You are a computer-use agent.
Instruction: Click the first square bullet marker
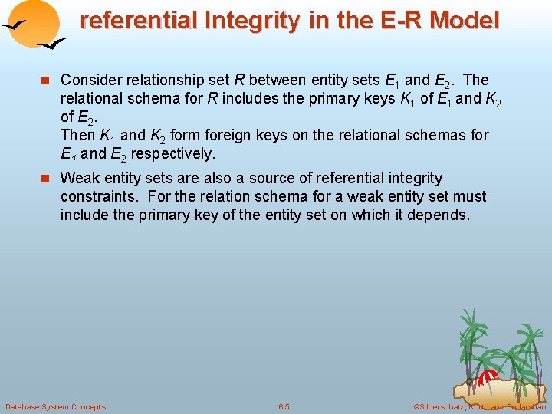click(x=47, y=80)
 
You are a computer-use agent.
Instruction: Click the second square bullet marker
click(x=47, y=179)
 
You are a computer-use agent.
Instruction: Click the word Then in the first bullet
click(x=76, y=135)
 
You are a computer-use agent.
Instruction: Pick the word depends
click(x=441, y=215)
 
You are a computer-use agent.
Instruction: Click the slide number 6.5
click(x=284, y=406)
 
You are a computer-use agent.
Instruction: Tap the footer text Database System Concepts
click(x=55, y=406)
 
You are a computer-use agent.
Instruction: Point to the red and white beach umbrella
click(x=488, y=376)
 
